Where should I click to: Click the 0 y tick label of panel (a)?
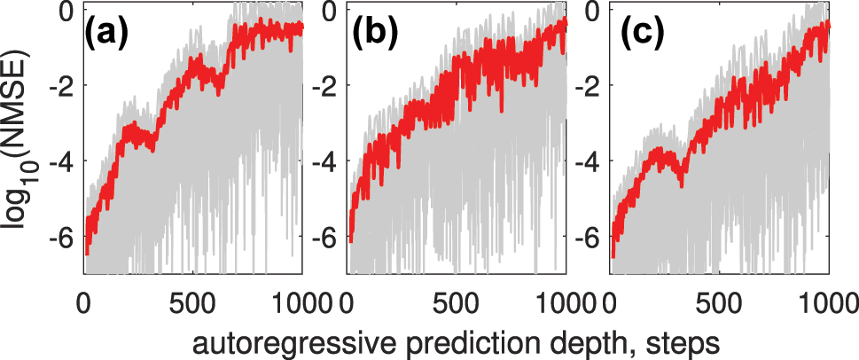[66, 12]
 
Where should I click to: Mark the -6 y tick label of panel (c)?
[588, 238]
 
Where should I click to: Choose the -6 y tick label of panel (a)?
[60, 238]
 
